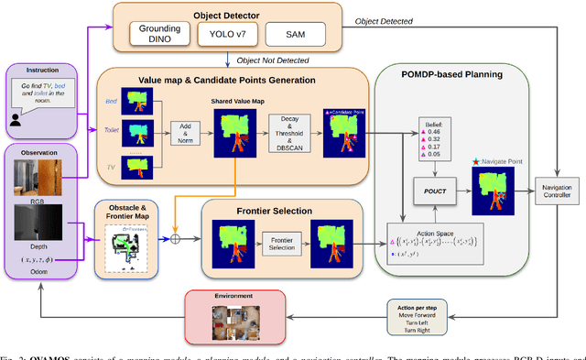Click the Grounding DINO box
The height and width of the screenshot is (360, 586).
(158, 35)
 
